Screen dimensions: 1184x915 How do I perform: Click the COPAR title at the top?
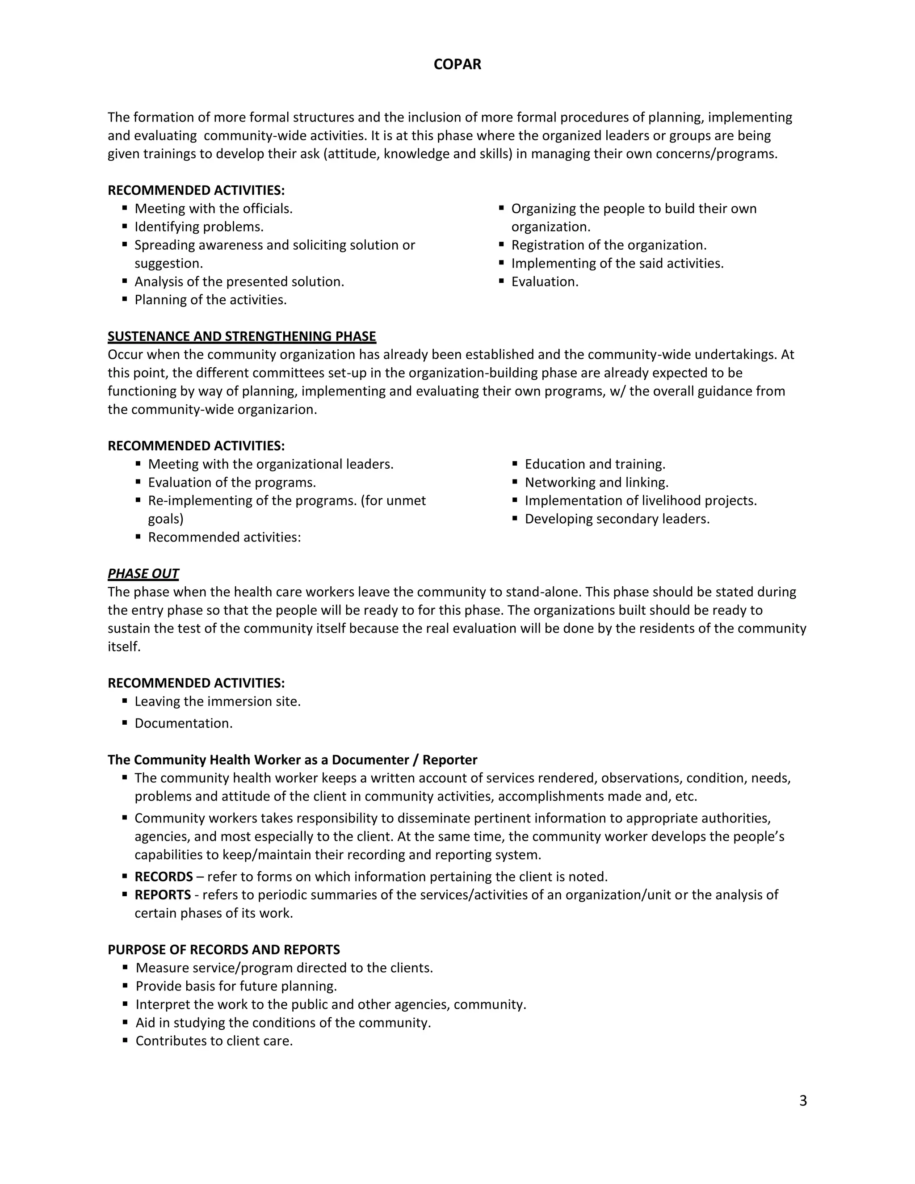click(457, 64)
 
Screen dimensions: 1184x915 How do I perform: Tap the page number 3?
click(803, 1100)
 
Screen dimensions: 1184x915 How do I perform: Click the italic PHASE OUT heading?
click(143, 574)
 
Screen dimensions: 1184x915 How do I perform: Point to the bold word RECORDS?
click(164, 877)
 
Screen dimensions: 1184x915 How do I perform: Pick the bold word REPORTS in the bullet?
click(163, 895)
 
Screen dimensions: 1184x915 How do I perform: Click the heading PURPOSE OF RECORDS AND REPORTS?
click(224, 950)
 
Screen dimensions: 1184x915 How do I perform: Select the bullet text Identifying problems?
click(199, 227)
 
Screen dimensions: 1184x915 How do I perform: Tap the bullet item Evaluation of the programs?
click(232, 483)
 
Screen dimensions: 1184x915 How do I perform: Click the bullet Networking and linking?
click(596, 483)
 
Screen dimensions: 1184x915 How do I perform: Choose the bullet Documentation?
click(184, 723)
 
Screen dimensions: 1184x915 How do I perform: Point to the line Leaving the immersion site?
click(218, 701)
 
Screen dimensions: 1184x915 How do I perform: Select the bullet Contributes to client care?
click(214, 1041)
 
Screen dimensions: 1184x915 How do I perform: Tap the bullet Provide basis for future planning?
click(236, 986)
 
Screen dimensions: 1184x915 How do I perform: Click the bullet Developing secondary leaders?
click(617, 519)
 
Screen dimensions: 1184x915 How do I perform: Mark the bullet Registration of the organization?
click(609, 245)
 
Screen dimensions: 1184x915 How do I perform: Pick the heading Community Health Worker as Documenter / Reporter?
click(292, 760)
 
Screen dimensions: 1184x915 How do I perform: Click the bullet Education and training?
click(595, 464)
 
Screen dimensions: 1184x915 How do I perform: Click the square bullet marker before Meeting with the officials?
click(125, 208)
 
